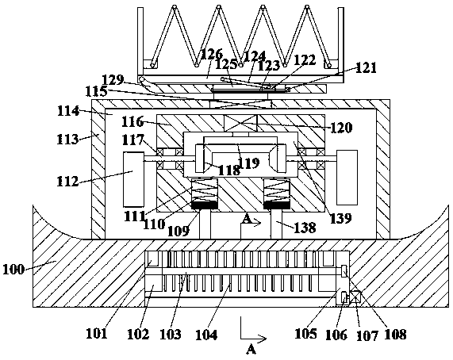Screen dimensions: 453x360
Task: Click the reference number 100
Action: tap(13, 270)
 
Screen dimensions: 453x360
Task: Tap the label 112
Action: tap(67, 182)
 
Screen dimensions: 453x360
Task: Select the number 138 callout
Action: tap(305, 228)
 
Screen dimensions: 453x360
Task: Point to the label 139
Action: tap(341, 218)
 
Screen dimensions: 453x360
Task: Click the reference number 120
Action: tap(341, 128)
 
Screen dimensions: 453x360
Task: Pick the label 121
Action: tap(366, 68)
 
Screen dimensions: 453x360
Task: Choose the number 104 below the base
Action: tap(206, 335)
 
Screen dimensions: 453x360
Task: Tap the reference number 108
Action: tap(396, 335)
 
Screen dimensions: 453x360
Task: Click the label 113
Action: tap(67, 139)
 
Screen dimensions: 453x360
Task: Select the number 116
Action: tap(132, 121)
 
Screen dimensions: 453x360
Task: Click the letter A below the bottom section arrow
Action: tap(251, 350)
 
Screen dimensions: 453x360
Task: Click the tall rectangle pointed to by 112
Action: tap(133, 179)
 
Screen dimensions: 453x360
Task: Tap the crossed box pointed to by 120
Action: tap(240, 123)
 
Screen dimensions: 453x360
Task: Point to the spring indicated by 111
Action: tap(205, 190)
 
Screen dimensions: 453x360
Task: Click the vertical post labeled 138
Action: tap(276, 224)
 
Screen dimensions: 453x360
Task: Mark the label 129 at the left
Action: tap(113, 79)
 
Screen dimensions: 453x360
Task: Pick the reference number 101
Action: tap(97, 334)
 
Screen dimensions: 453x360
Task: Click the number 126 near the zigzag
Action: tap(213, 54)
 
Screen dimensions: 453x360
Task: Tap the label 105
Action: tap(305, 334)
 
